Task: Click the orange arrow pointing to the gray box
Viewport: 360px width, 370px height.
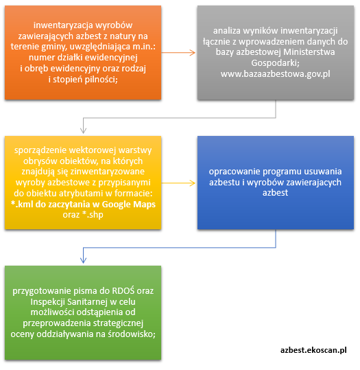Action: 178,53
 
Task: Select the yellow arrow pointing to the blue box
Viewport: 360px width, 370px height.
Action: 178,183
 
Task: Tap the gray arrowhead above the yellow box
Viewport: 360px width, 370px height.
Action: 83,130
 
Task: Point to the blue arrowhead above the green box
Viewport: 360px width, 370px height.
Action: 83,260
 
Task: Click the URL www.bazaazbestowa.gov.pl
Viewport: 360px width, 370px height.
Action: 276,74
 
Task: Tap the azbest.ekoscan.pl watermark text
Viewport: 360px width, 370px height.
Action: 313,350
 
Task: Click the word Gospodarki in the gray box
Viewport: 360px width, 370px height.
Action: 276,63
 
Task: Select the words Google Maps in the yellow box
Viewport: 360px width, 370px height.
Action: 128,205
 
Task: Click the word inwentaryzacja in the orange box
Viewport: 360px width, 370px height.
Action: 60,25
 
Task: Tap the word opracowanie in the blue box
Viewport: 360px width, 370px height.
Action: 235,172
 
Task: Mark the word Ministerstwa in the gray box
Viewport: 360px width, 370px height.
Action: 309,52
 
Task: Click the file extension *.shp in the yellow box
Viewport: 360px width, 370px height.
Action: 93,215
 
